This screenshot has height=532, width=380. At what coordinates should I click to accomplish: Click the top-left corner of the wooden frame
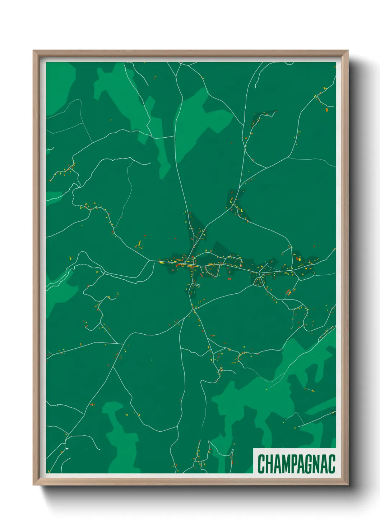point(33,51)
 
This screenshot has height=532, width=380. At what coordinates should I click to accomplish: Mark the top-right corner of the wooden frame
point(348,51)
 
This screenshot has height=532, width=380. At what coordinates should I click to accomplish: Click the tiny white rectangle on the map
point(67,449)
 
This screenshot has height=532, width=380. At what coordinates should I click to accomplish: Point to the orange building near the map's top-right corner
point(327,110)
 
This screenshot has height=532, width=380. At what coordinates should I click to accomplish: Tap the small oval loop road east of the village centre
point(212,271)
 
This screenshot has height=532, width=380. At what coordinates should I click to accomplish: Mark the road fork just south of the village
point(193,309)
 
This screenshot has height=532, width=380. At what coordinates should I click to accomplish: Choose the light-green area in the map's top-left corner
point(59,86)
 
